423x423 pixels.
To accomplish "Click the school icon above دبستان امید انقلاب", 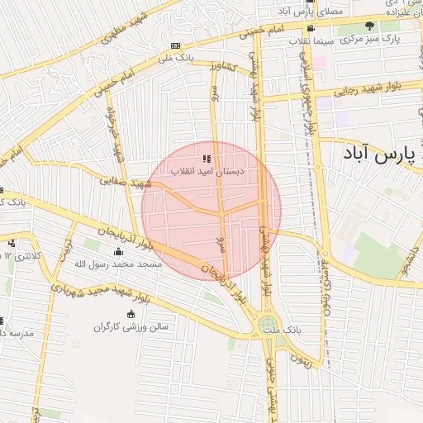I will [x=207, y=158].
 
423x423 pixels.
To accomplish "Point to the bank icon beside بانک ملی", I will [x=175, y=45].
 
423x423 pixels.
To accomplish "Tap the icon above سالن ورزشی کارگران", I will [x=131, y=315].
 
